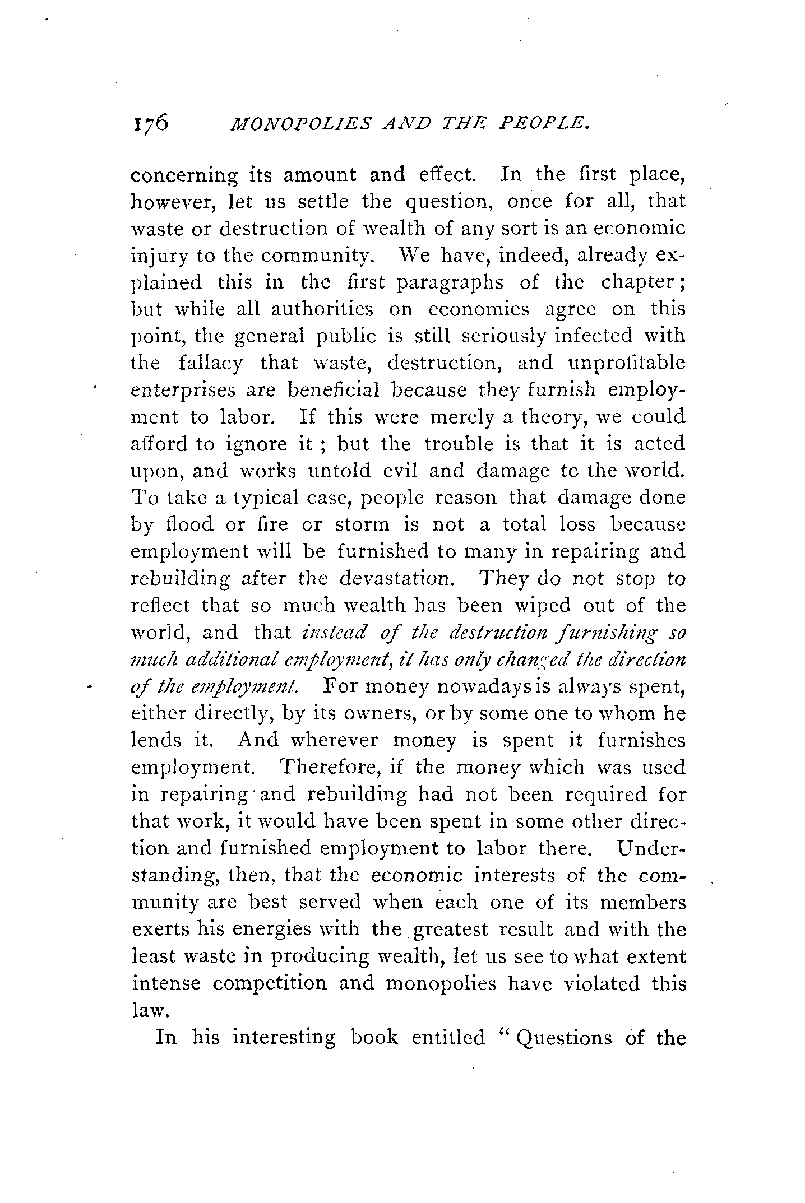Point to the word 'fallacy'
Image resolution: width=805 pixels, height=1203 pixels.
click(x=211, y=364)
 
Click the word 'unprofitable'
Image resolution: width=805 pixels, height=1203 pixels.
click(x=626, y=363)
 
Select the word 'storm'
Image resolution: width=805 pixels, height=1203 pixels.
click(x=362, y=525)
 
